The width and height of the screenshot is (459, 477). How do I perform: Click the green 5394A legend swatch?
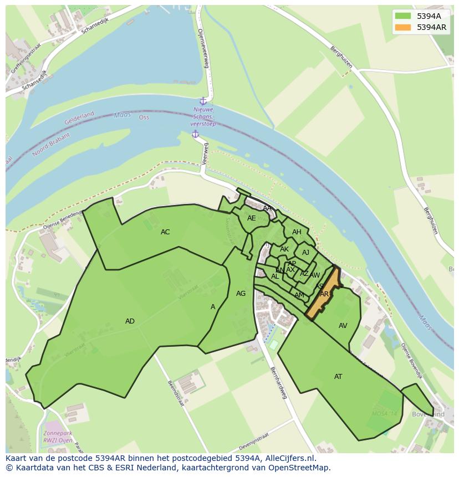403,16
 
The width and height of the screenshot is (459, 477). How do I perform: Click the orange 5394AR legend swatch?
403,27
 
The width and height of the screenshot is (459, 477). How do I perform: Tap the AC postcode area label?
165,232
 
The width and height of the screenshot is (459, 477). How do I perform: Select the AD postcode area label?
130,321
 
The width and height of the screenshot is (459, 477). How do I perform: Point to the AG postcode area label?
241,294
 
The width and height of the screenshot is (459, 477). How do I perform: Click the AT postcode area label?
338,377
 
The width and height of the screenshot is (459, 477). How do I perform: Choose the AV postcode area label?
343,326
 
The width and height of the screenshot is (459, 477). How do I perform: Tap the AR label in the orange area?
324,294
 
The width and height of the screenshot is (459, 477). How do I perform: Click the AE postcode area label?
252,218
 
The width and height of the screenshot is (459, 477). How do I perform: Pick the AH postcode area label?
297,232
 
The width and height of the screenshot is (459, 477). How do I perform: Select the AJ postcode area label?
305,253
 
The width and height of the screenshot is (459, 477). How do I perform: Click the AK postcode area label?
284,249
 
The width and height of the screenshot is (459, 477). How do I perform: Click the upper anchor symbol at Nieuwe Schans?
203,101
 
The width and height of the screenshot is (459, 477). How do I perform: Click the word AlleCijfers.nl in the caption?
288,458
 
